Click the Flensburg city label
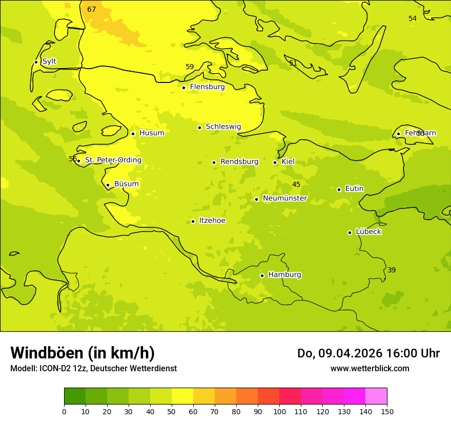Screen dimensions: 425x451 pos(207,87)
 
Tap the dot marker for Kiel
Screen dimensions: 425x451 pos(275,162)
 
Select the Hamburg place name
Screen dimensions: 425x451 pos(284,275)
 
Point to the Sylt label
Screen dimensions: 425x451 pos(49,61)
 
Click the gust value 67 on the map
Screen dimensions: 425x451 pos(92,9)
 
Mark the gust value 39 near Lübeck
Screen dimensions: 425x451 pos(392,270)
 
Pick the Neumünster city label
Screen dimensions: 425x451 pos(285,198)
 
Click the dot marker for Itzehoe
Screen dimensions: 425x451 pos(193,221)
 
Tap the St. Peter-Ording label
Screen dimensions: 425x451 pos(113,160)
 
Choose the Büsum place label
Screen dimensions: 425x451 pos(126,184)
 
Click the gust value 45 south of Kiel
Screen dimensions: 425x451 pos(296,184)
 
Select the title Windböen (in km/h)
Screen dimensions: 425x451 pos(83,353)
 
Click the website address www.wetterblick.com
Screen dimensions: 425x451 pos(370,369)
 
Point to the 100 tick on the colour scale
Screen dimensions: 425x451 pos(279,411)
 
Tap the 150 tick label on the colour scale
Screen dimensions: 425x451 pos(386,411)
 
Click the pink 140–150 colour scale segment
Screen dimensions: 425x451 pos(376,396)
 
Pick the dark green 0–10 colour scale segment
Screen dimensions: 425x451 pos(75,396)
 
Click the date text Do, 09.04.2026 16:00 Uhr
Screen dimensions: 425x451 pos(368,353)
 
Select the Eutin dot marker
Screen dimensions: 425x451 pos(339,189)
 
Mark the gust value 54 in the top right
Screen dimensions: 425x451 pos(413,18)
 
